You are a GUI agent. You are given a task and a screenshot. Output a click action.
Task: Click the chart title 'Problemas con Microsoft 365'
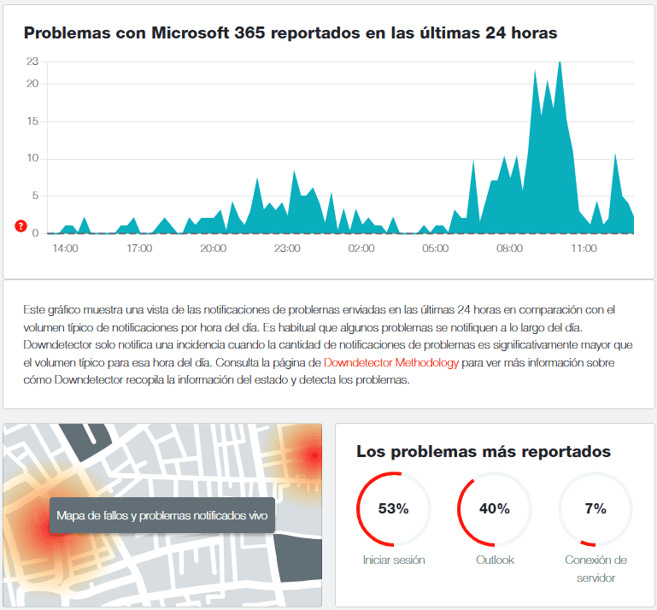290,33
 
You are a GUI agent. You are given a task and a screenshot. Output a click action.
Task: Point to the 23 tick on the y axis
32,62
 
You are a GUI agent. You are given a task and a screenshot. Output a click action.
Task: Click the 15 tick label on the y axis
32,121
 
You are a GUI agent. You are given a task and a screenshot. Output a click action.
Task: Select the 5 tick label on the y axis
35,196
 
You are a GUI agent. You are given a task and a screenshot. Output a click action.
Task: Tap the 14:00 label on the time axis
65,249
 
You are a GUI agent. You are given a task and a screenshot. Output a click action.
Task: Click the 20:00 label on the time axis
213,249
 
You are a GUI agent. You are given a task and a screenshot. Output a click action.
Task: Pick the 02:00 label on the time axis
361,249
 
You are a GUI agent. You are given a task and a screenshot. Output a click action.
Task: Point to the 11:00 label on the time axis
584,249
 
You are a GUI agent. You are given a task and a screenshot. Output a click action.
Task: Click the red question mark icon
21,227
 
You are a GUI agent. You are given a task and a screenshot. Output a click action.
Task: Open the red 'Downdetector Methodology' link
391,363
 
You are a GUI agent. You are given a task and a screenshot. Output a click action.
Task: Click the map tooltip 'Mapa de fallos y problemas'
162,515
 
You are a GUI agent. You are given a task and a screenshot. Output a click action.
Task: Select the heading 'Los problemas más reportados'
484,451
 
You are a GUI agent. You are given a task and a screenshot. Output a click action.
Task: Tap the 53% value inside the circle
393,509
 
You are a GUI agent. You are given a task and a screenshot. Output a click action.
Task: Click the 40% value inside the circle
494,509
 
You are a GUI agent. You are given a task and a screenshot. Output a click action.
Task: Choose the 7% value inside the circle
595,509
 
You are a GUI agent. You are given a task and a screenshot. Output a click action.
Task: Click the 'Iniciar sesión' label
393,560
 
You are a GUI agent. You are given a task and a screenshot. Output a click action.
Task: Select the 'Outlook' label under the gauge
494,560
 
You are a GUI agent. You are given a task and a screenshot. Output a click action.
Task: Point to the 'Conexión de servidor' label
595,569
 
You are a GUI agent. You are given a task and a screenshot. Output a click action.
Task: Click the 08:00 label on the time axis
509,249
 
